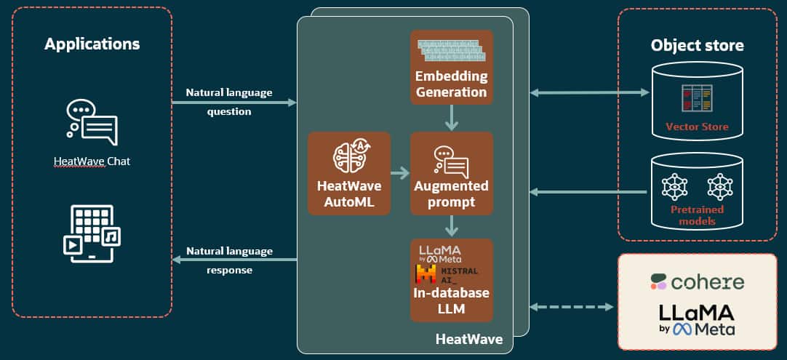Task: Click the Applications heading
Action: pyautogui.click(x=92, y=44)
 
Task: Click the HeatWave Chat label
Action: pyautogui.click(x=92, y=161)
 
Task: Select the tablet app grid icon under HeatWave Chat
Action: pyautogui.click(x=92, y=233)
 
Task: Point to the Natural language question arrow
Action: pyautogui.click(x=234, y=103)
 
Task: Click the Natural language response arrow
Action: pyautogui.click(x=234, y=260)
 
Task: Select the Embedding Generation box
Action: pyautogui.click(x=451, y=67)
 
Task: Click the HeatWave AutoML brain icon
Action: pyautogui.click(x=349, y=154)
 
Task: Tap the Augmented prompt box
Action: pyautogui.click(x=451, y=173)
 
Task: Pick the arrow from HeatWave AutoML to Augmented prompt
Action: pyautogui.click(x=400, y=174)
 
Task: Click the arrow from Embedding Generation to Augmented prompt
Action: pyautogui.click(x=451, y=118)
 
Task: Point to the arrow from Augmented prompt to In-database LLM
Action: pyautogui.click(x=451, y=226)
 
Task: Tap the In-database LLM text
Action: pyautogui.click(x=451, y=301)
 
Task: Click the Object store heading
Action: pyautogui.click(x=697, y=46)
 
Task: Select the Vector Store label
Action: pyautogui.click(x=697, y=127)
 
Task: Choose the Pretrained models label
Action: pyautogui.click(x=697, y=215)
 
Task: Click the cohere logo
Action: pyautogui.click(x=697, y=282)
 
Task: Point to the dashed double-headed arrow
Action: pyautogui.click(x=572, y=307)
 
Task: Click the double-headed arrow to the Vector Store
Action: pyautogui.click(x=590, y=92)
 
